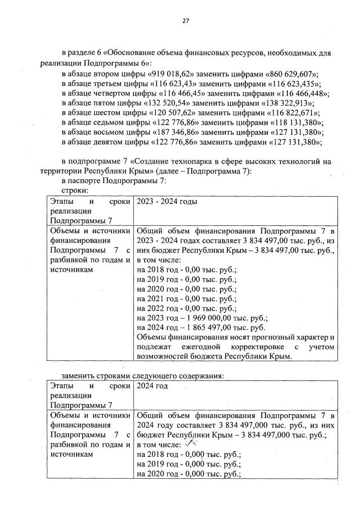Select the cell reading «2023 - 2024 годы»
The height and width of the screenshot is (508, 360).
tap(167, 201)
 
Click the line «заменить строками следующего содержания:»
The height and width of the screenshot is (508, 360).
tap(143, 375)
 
